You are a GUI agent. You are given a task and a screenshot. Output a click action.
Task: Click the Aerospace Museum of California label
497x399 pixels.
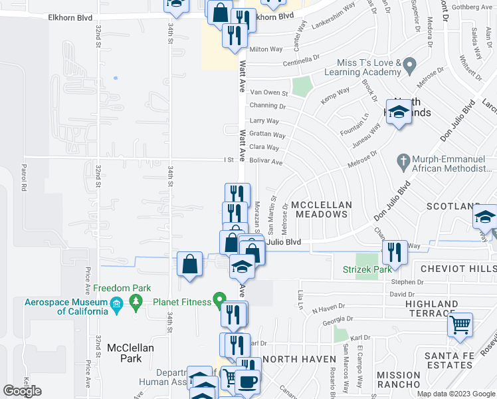(x=66, y=307)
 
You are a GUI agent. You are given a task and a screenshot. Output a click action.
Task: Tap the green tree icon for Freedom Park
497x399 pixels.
(x=137, y=303)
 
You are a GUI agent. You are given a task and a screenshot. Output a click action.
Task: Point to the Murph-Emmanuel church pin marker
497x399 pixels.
(x=402, y=160)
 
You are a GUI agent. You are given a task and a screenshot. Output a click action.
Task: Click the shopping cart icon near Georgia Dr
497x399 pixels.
(x=460, y=325)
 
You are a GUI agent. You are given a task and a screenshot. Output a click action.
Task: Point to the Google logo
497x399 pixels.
(x=22, y=391)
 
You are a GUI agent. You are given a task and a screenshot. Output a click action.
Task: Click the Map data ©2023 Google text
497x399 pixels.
(x=456, y=394)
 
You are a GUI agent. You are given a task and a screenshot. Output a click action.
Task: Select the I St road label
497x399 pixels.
(x=229, y=160)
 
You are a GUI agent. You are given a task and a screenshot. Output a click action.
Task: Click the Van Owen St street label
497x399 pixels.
(x=268, y=93)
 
